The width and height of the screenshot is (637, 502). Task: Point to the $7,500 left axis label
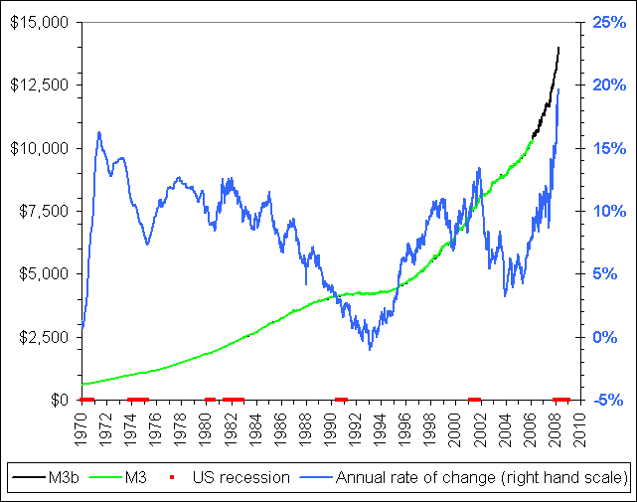coord(45,211)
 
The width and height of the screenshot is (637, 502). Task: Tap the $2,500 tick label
coord(45,337)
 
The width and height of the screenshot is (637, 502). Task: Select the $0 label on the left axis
coord(61,400)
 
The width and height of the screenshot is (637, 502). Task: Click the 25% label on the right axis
coord(608,22)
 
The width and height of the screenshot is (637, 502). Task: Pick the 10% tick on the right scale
coord(608,211)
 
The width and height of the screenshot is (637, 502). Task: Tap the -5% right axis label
coord(608,400)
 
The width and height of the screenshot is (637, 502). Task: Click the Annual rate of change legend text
coord(481,478)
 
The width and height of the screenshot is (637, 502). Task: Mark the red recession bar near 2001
coord(474,399)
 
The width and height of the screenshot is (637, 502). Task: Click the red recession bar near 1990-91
coord(341,399)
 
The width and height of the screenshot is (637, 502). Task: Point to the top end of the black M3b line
coord(558,47)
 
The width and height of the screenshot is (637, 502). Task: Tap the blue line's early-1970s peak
coord(99,132)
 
